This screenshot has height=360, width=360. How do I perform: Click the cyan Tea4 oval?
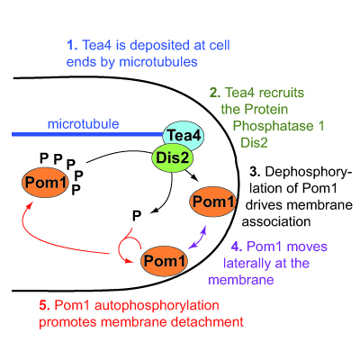[184, 136]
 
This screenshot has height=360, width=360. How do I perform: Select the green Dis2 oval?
[172, 157]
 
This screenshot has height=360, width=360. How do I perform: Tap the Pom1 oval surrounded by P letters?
[45, 183]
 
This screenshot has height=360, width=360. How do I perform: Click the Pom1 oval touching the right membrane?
[213, 202]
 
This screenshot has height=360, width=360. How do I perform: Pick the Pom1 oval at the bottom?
[165, 261]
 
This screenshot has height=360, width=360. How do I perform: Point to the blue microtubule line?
[87, 134]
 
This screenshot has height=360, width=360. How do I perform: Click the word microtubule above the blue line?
[84, 124]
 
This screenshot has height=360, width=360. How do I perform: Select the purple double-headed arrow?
[197, 238]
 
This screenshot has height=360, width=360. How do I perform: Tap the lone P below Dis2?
[137, 215]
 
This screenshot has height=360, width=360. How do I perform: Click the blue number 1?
[72, 45]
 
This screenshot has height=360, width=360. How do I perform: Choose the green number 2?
[215, 93]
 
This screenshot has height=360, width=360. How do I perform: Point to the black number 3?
[255, 172]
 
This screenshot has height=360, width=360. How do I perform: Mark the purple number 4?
[237, 247]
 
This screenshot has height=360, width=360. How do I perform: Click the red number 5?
[45, 305]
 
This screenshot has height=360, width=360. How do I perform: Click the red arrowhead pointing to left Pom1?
[30, 205]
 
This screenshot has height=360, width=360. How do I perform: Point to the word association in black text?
[276, 221]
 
